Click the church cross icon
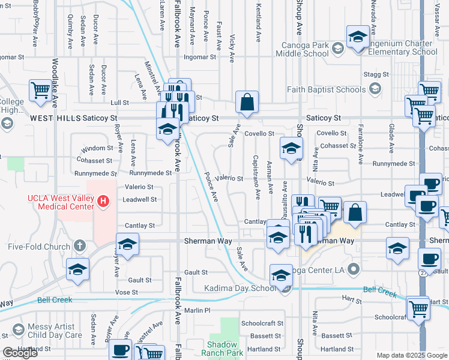[79, 245]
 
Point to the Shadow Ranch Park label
[226, 349]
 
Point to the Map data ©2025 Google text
[412, 355]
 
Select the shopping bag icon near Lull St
[247, 104]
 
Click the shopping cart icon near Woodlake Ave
[40, 91]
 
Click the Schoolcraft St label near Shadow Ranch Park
[262, 323]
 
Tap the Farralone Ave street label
[361, 150]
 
